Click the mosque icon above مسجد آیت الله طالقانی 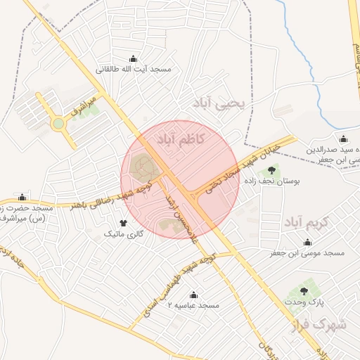tap(134, 59)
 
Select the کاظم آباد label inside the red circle tap(181, 137)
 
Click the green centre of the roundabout tap(58, 124)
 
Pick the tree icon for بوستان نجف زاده tap(272, 169)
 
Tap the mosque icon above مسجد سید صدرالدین tap(342, 139)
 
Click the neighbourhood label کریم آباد tap(307, 223)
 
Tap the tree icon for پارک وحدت tap(304, 290)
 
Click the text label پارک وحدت tap(304, 301)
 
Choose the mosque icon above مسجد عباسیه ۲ tap(194, 295)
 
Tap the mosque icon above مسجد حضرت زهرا tap(23, 197)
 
